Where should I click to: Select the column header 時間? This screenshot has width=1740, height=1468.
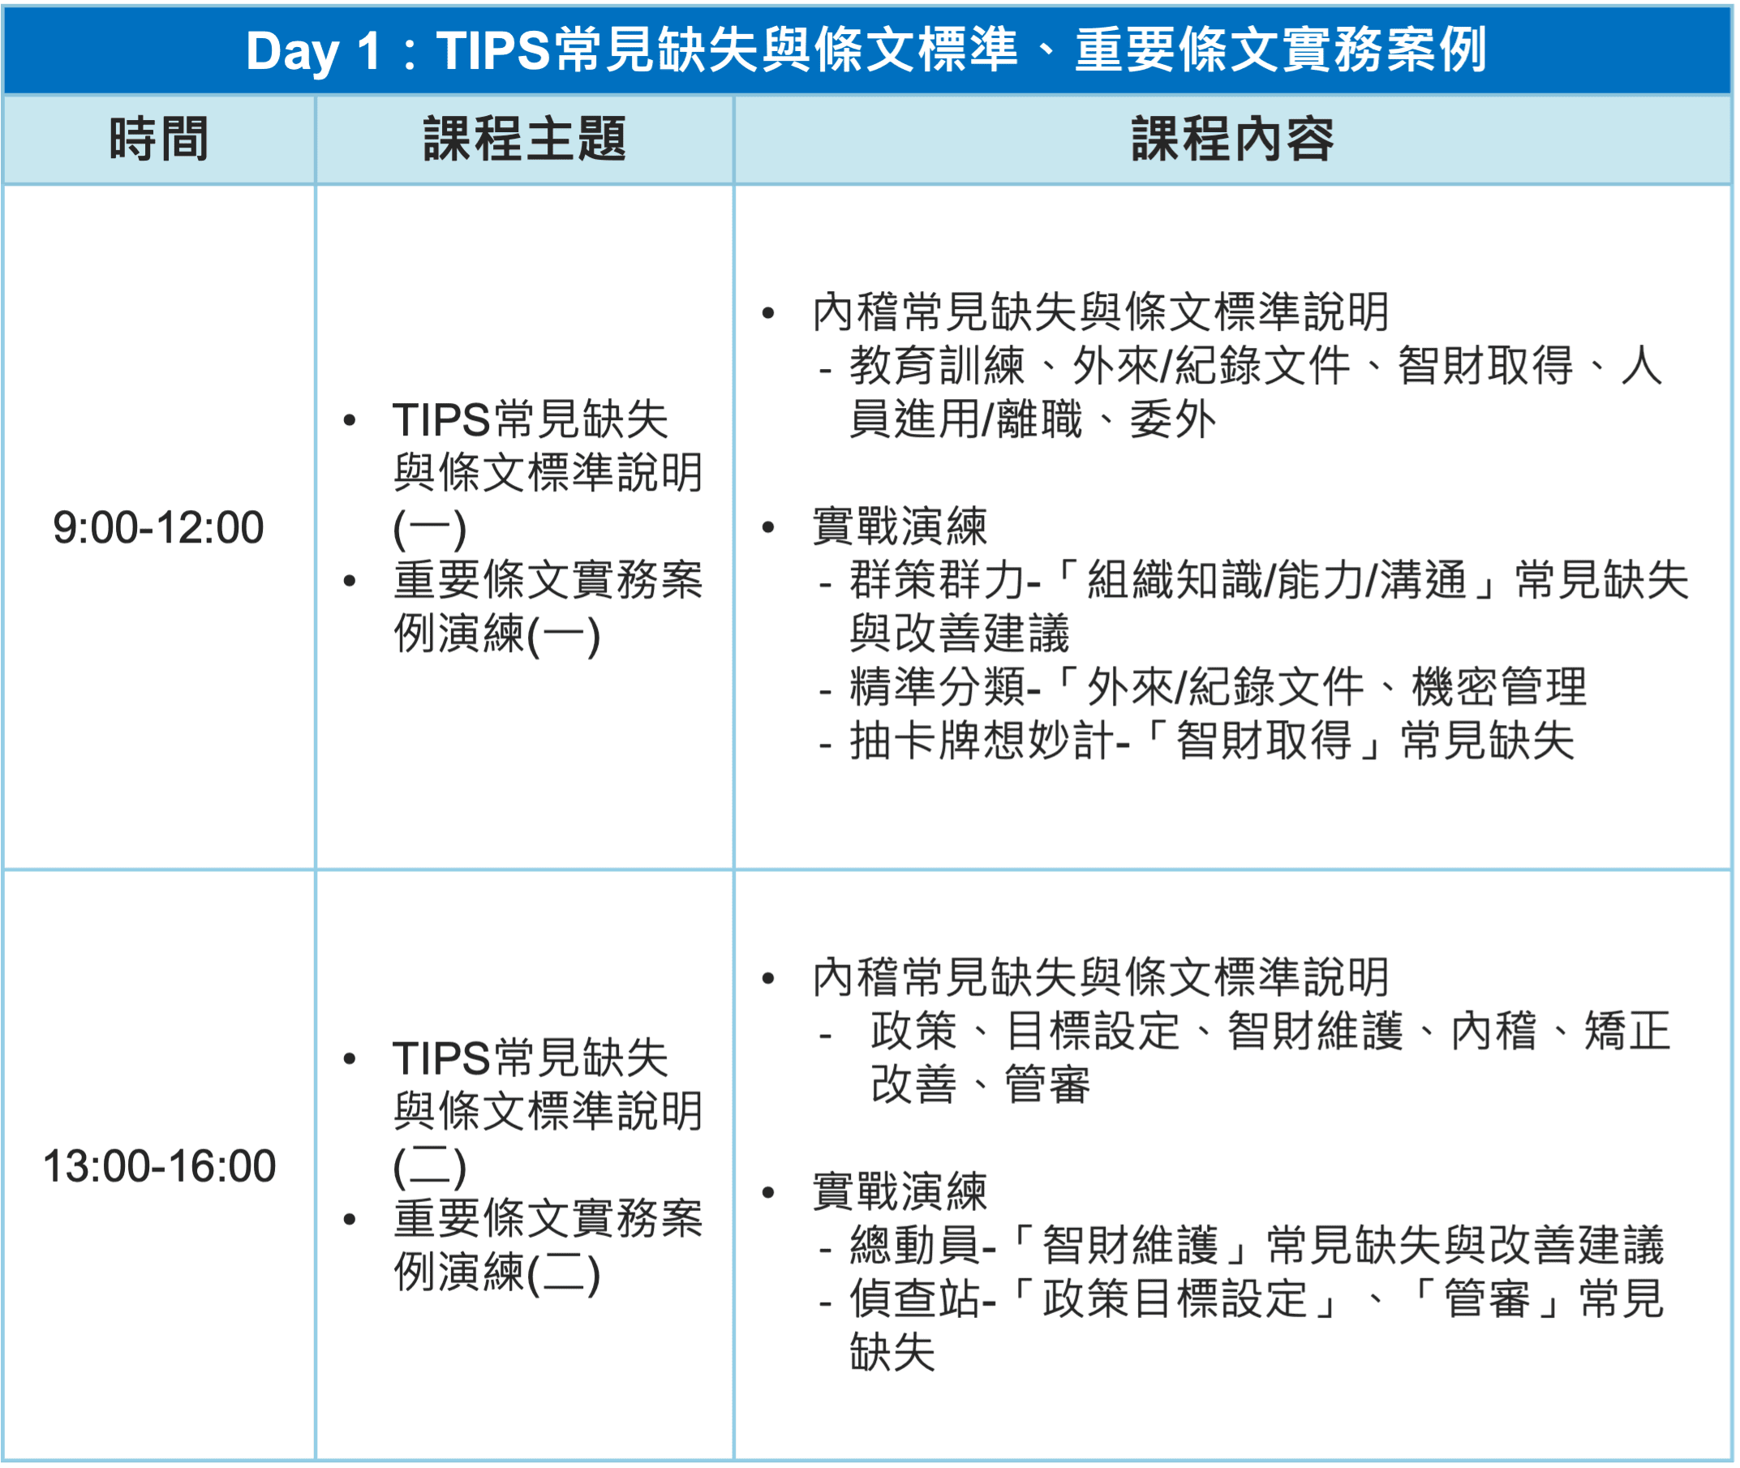(158, 139)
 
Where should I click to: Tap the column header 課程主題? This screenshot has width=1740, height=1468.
(524, 139)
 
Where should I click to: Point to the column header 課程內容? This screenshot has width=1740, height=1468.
(1232, 139)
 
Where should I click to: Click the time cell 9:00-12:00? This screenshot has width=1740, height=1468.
(158, 528)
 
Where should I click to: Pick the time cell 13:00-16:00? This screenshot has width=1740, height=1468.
(159, 1166)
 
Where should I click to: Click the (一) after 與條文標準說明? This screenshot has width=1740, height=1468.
(429, 529)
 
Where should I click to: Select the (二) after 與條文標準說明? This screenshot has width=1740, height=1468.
(429, 1167)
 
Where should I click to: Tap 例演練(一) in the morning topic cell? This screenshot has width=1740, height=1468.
(496, 635)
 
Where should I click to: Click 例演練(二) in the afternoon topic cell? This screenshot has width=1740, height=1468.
(496, 1273)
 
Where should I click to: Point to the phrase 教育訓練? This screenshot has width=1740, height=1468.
(937, 366)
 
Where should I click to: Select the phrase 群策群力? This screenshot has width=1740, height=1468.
(937, 580)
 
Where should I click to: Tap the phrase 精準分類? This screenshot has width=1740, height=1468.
(937, 688)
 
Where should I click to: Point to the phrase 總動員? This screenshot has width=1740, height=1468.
(915, 1246)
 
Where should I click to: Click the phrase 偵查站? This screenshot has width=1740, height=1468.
(915, 1299)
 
